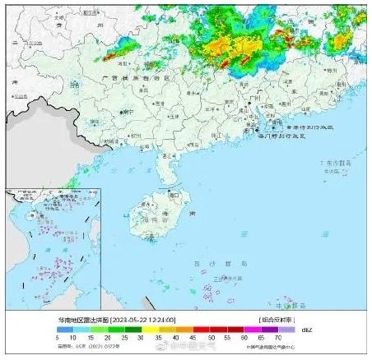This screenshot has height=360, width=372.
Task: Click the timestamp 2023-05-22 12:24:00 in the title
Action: [x=146, y=319]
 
